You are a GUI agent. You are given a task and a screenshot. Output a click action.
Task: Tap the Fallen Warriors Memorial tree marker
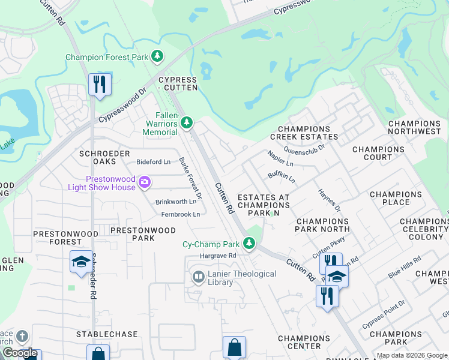pyautogui.click(x=187, y=123)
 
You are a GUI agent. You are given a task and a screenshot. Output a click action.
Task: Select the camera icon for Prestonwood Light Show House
pyautogui.click(x=144, y=182)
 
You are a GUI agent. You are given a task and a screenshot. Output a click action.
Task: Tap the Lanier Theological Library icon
pyautogui.click(x=197, y=277)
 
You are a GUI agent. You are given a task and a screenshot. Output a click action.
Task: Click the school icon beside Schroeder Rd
pyautogui.click(x=81, y=262)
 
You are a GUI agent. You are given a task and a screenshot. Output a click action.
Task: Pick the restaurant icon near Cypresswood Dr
pyautogui.click(x=100, y=83)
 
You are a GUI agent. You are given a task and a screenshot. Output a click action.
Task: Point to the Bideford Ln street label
pyautogui.click(x=153, y=162)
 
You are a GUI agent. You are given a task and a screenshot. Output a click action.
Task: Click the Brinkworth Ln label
pyautogui.click(x=176, y=202)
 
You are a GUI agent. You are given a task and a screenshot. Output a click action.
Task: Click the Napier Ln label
pyautogui.click(x=280, y=158)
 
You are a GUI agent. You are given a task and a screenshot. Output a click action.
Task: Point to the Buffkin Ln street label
pyautogui.click(x=282, y=175)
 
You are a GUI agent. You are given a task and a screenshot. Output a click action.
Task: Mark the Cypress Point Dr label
pyautogui.click(x=384, y=314)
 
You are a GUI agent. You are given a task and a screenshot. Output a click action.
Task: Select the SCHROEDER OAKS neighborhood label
pyautogui.click(x=105, y=158)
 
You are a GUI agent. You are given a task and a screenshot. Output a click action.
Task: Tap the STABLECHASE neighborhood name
pyautogui.click(x=107, y=334)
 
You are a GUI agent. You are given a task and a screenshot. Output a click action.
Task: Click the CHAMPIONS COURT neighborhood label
pyautogui.click(x=379, y=154)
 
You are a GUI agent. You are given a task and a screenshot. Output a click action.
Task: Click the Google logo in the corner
pyautogui.click(x=20, y=353)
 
